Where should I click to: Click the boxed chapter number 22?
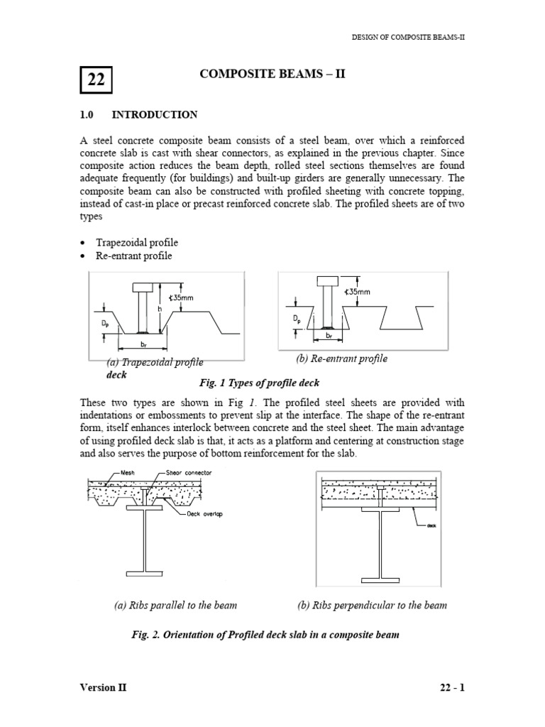96,80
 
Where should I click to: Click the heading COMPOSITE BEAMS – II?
272,74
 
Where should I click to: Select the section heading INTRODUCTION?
155,114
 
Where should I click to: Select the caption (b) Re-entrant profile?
342,359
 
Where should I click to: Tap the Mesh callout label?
128,472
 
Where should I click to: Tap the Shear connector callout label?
188,472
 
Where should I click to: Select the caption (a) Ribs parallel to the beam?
175,606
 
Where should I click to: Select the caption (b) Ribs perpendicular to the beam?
371,606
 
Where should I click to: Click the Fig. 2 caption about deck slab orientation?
265,635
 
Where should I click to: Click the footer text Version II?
104,688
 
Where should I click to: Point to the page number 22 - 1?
451,688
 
